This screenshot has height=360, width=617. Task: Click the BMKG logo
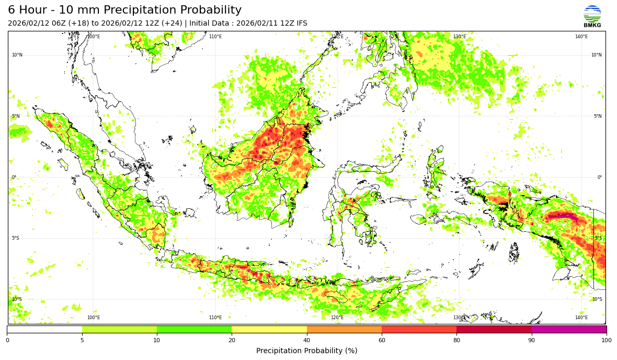point(592,16)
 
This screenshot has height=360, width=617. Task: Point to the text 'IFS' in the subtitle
point(301,24)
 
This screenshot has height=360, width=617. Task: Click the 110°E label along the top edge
point(215,37)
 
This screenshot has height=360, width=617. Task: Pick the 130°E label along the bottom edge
point(459,318)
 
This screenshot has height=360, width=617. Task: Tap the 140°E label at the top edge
point(581,37)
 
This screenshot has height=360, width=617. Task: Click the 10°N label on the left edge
point(17,55)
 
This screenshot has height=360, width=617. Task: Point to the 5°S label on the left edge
point(16,238)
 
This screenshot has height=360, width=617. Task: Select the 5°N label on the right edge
point(598,116)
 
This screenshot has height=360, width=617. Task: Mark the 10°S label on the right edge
point(597,299)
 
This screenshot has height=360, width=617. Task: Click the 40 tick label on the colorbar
point(307,341)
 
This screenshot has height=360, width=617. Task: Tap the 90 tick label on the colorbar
point(532,341)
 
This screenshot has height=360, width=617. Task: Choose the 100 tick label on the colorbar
point(606,341)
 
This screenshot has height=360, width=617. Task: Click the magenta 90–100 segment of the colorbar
point(569,330)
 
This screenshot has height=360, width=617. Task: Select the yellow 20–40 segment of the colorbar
point(269,330)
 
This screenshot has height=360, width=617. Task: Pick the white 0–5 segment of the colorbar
point(44,330)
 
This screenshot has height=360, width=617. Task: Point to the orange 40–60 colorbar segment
point(344,330)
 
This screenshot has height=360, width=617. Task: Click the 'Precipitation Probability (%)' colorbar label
point(307,351)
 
